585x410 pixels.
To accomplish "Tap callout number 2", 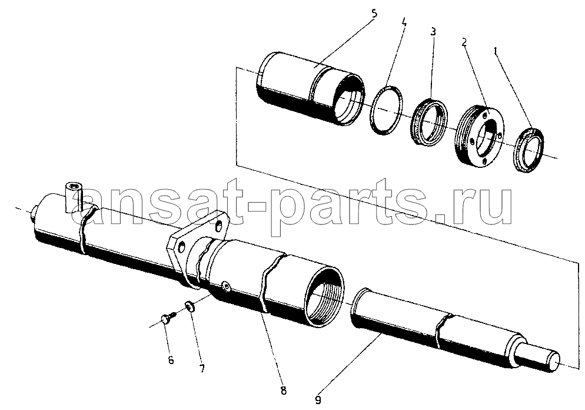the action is click(x=464, y=42).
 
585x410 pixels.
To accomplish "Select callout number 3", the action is click(x=433, y=31).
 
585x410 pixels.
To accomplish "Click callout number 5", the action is click(x=374, y=13).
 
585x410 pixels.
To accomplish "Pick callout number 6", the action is click(x=171, y=361).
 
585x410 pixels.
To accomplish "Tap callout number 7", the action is click(x=202, y=369).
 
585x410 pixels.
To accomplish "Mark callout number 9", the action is click(x=318, y=401).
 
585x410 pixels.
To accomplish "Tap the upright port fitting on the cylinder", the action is click(x=73, y=197).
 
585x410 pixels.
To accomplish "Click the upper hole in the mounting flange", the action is click(x=220, y=226).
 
